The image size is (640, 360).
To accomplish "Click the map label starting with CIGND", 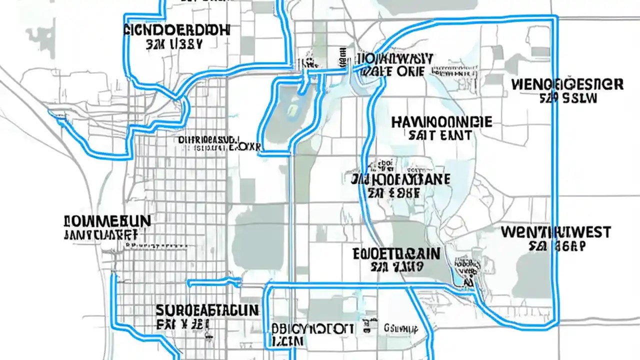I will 176,29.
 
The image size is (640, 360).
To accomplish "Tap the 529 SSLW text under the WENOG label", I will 568,98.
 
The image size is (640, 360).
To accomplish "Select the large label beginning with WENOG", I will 567,84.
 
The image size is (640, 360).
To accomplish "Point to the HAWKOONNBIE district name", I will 441,122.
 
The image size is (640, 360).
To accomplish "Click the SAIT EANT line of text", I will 440,135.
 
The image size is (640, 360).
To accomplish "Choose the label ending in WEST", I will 555,232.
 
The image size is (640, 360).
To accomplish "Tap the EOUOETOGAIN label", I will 396,253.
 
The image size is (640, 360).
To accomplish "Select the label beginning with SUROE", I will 207,310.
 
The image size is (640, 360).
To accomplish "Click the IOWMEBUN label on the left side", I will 107,221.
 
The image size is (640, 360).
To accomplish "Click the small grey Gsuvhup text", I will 400,328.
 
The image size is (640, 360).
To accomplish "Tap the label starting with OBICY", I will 313,329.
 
